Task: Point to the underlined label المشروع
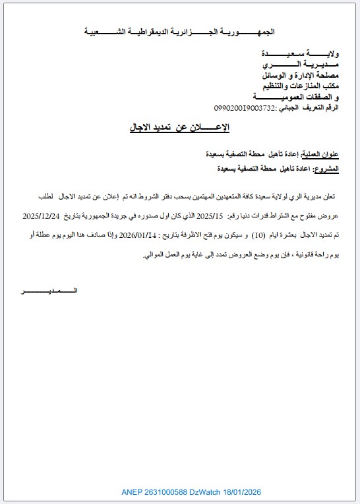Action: pos(325,169)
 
